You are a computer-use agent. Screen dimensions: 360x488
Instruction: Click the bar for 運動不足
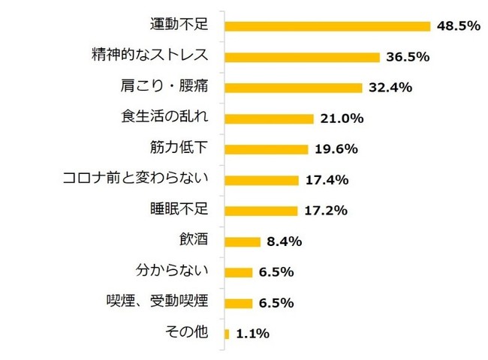click(327, 26)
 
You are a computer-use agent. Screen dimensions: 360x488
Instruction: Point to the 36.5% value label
click(407, 57)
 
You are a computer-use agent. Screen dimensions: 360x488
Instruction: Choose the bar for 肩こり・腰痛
click(294, 88)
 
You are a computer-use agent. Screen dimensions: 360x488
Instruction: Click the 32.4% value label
click(390, 88)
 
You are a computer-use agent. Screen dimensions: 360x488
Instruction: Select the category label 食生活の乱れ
click(164, 118)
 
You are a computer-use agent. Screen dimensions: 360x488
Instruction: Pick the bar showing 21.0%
click(269, 118)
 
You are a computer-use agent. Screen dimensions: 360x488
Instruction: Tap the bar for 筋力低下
click(267, 149)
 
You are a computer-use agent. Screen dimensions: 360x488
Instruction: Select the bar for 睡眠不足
click(262, 211)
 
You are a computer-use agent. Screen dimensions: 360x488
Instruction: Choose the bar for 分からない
click(238, 272)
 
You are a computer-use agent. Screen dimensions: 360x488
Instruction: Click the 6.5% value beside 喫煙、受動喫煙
click(276, 303)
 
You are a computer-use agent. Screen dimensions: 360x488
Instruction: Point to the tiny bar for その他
click(227, 334)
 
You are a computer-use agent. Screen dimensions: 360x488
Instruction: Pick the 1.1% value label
click(253, 334)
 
